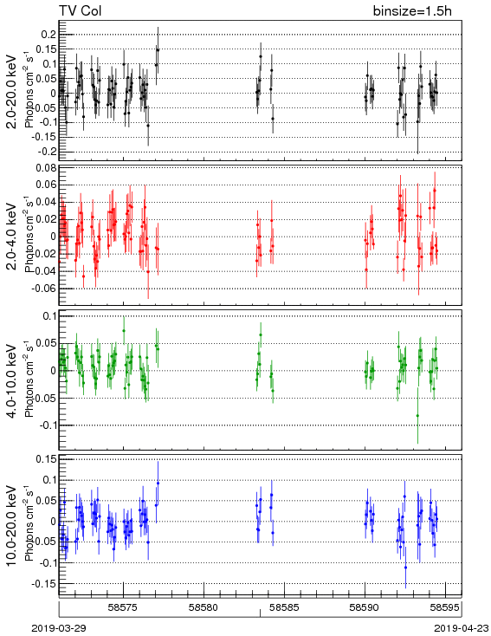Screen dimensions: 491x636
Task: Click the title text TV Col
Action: click(81, 10)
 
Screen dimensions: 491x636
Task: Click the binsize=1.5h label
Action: click(412, 10)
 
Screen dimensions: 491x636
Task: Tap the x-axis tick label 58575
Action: click(123, 607)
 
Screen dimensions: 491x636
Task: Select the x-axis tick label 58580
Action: click(204, 607)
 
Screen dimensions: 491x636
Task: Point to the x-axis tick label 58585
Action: click(284, 607)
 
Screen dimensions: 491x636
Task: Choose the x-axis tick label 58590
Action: click(365, 607)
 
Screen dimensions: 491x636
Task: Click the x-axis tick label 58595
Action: click(445, 607)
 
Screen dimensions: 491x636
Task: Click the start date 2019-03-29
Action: click(59, 628)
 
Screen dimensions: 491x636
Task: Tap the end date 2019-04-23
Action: click(462, 628)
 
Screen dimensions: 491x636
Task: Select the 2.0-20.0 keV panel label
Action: click(11, 92)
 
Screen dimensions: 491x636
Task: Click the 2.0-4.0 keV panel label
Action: click(11, 237)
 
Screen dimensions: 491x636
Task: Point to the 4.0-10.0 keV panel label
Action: click(11, 381)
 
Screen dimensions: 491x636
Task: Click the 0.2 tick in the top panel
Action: click(48, 35)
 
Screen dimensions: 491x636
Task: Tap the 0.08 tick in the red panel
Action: click(46, 167)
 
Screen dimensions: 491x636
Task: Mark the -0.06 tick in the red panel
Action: click(44, 289)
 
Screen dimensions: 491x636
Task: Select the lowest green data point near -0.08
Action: click(417, 415)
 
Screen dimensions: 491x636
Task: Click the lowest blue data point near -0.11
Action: click(405, 568)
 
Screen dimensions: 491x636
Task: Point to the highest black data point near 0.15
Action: click(158, 50)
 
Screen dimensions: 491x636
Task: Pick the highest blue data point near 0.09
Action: click(158, 483)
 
